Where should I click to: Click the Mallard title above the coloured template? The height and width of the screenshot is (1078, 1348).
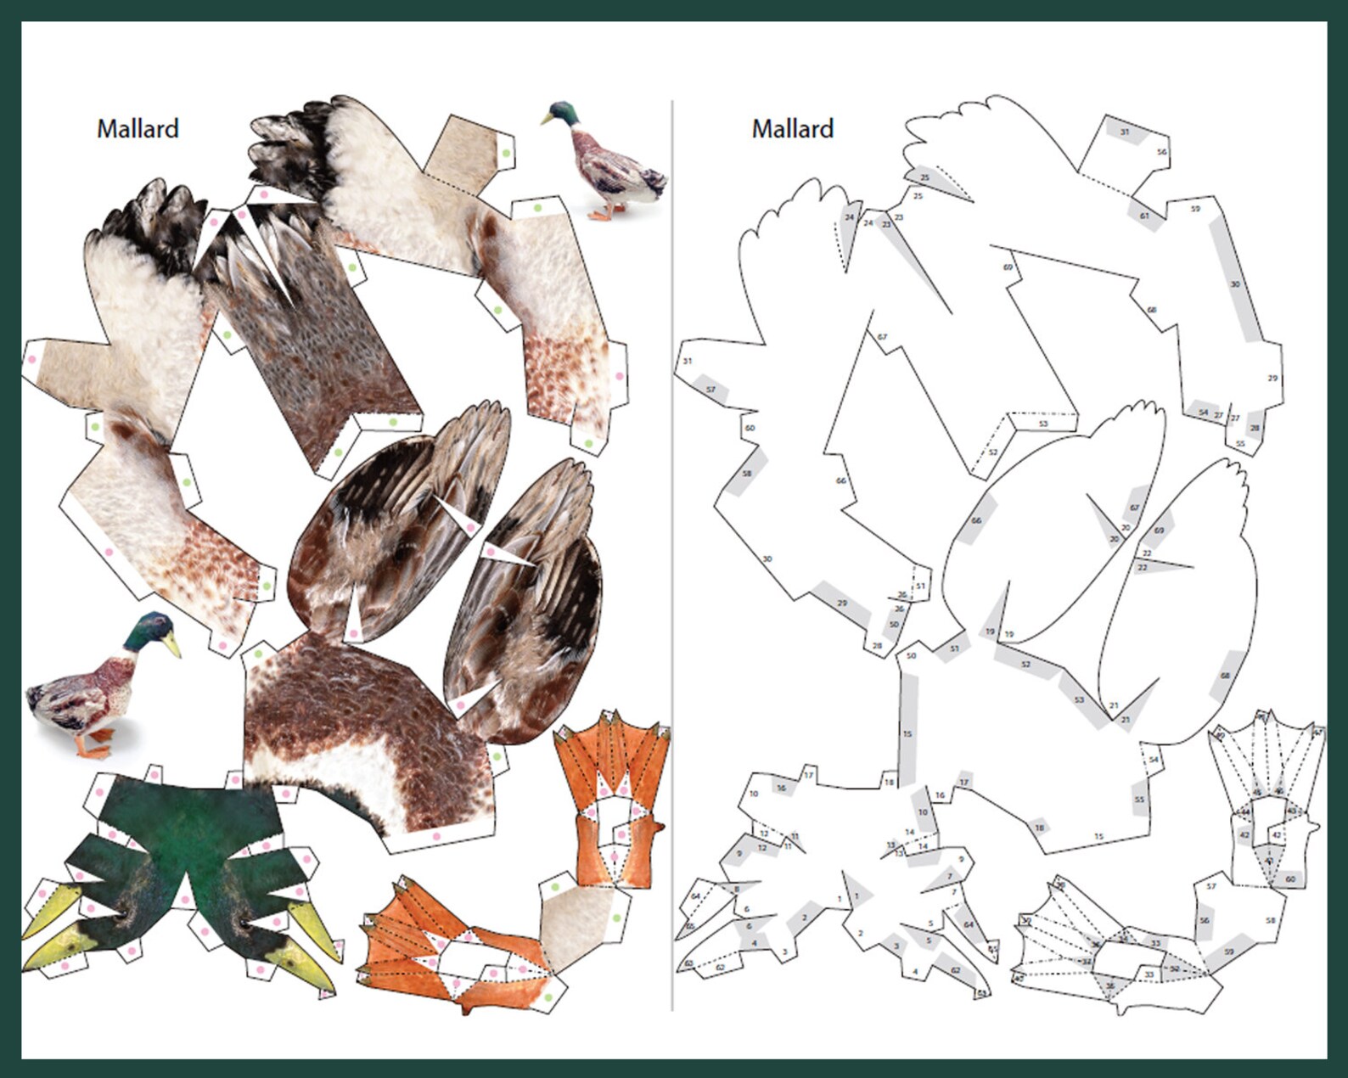(138, 129)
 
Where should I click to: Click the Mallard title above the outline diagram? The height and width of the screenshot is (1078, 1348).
(792, 129)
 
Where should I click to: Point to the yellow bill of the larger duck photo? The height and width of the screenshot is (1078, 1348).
(172, 645)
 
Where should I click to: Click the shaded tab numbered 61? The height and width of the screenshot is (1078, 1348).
(1144, 216)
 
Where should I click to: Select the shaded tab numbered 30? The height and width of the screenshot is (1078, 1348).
(1235, 284)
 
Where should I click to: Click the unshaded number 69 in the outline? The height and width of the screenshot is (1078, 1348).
(1008, 267)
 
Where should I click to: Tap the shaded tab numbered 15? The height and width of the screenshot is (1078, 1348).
(907, 733)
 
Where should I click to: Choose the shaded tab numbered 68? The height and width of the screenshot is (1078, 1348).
(1225, 676)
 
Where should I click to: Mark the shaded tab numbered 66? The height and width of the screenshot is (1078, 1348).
(976, 520)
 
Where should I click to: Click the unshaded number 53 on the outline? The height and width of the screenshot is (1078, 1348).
(1043, 424)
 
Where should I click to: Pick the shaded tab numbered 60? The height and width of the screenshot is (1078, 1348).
(1290, 879)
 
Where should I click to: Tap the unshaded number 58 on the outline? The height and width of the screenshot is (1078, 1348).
(1270, 920)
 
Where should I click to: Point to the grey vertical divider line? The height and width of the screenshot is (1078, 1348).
(672, 552)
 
